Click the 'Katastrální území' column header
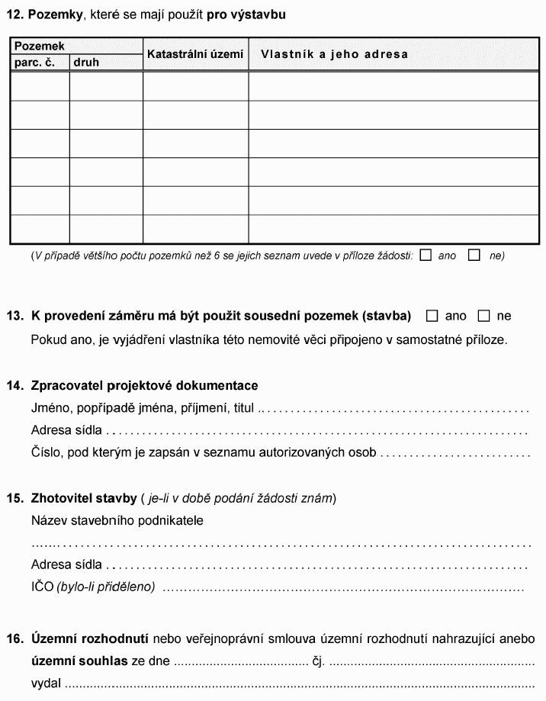point(195,54)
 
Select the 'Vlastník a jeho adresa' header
point(334,54)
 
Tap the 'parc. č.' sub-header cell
point(34,62)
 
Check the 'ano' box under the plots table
point(426,255)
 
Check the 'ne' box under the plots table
point(474,255)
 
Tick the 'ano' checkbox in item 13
point(432,315)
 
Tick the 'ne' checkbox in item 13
point(483,315)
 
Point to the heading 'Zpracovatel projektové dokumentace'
point(144,385)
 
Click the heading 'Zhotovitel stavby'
point(83,499)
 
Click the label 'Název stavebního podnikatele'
point(117,520)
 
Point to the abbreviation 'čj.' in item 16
point(319,660)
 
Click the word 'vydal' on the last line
point(46,682)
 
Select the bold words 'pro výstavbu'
point(246,14)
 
